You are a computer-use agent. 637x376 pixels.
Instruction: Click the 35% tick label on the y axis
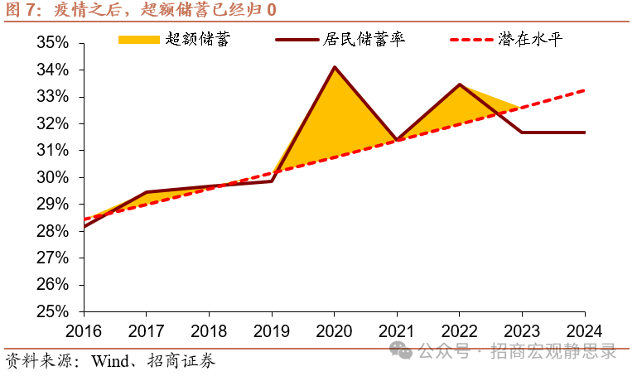click(54, 43)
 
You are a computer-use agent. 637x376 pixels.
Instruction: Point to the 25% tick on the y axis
click(54, 311)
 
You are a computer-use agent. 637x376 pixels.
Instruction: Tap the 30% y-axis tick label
click(54, 177)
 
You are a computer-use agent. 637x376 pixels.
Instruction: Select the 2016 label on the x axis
click(83, 329)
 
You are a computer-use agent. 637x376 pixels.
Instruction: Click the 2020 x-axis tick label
click(334, 329)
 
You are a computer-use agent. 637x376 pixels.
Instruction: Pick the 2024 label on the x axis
click(585, 329)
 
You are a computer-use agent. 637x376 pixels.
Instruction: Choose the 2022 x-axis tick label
click(460, 329)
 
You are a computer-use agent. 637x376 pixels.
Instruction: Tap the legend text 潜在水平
click(530, 40)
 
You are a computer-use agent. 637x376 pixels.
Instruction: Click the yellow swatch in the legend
click(138, 40)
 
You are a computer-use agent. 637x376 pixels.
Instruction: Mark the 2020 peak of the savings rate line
click(334, 67)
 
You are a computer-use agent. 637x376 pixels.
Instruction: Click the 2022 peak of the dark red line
click(460, 84)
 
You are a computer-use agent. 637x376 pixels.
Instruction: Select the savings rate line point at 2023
click(522, 133)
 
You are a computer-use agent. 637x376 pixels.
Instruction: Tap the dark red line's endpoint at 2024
click(585, 133)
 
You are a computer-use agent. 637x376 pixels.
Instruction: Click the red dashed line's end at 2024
click(585, 90)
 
